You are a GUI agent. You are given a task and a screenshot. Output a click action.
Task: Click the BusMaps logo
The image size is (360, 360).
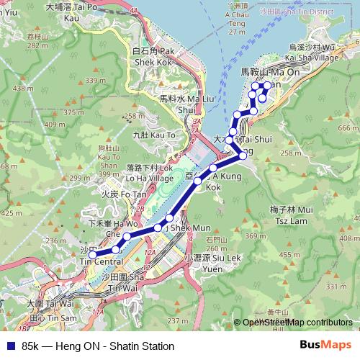[x=325, y=346]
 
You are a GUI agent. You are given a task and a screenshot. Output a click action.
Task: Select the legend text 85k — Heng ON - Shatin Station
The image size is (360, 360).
[x=98, y=346]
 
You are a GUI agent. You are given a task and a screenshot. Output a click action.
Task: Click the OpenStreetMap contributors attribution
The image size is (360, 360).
[x=297, y=323]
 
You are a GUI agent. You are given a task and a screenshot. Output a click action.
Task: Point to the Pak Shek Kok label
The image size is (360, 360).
[x=153, y=57]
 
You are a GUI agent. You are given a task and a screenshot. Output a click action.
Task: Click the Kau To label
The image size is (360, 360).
[x=154, y=135]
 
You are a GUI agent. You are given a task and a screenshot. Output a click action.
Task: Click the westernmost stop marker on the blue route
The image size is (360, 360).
[x=91, y=255]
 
